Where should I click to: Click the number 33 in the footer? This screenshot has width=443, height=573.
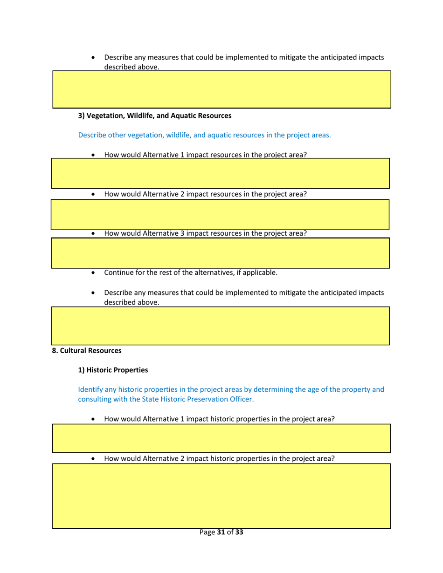coord(239,532)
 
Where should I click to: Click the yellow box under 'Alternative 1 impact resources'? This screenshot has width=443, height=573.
coord(221,173)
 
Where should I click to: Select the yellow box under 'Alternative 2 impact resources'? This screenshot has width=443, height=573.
coord(221,214)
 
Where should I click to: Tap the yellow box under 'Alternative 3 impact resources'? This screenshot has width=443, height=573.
coord(221,253)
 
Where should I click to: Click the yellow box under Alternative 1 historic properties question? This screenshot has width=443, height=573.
coord(221,438)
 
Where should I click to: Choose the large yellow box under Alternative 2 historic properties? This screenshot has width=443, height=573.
coord(221,496)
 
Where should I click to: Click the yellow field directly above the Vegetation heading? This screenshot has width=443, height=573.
coord(221,89)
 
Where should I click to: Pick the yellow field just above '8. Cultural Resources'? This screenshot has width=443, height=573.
coord(221,325)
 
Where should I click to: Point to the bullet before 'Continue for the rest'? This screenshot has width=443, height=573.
coord(95,273)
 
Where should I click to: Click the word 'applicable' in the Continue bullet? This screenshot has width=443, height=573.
coord(259,273)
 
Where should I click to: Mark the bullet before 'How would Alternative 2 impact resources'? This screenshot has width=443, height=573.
coord(95,194)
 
